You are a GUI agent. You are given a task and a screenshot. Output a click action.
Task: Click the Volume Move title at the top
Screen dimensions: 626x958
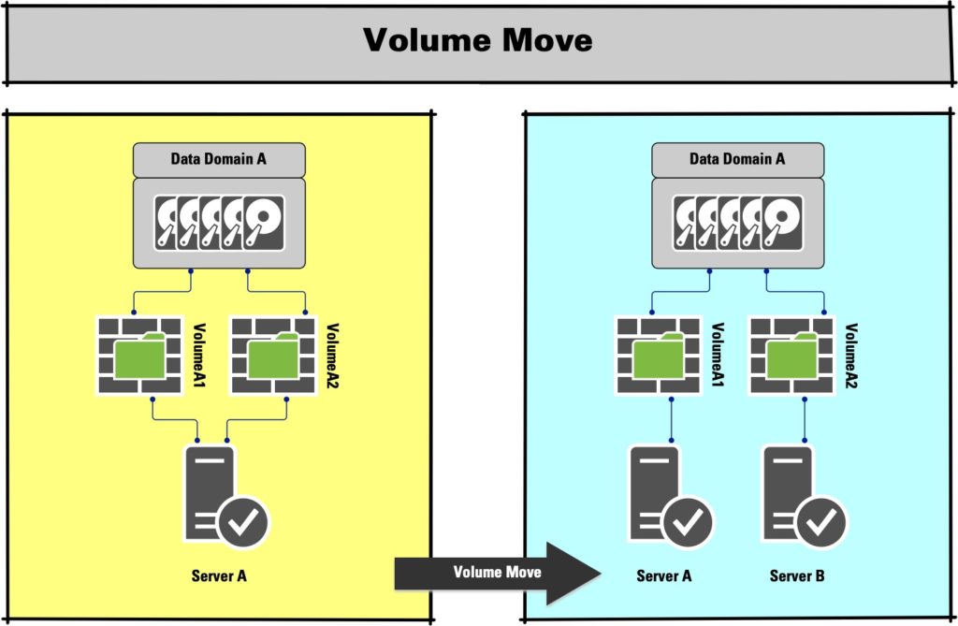tap(477, 40)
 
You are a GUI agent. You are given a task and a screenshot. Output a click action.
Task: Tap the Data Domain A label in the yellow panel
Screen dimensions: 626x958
tap(219, 159)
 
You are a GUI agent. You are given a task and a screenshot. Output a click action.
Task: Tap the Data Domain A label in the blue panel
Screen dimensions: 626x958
tap(737, 159)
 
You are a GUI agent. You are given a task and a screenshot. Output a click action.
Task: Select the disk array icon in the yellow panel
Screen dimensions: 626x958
tap(219, 224)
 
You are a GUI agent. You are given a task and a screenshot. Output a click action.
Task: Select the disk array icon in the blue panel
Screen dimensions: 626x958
tap(737, 224)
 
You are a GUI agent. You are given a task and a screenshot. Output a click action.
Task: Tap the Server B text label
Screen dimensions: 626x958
tap(797, 575)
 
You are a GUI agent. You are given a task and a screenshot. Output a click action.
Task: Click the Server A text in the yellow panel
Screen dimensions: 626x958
tap(218, 575)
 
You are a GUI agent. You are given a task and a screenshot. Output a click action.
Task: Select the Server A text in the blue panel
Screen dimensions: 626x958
tap(663, 575)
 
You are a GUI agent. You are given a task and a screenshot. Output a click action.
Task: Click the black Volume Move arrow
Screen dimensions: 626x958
tap(497, 573)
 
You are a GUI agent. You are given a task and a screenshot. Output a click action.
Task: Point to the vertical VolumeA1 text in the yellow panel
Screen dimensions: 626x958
tap(199, 357)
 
